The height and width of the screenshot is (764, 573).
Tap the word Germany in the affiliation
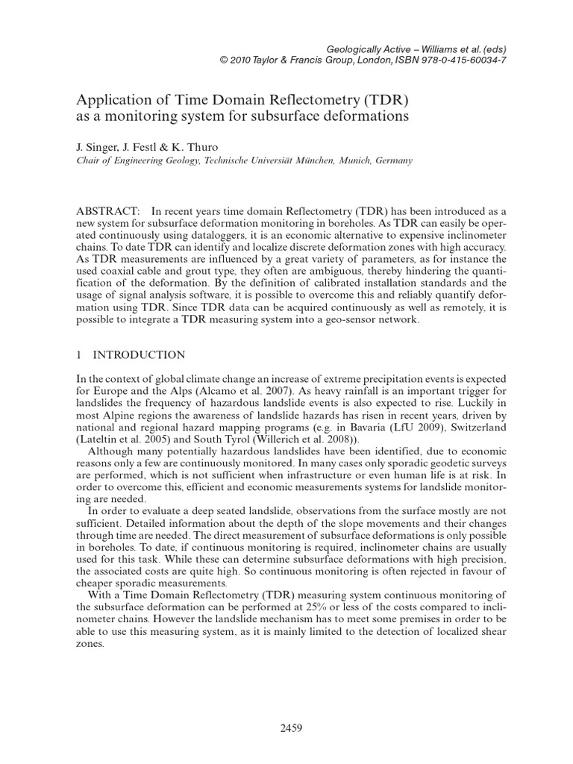point(386,160)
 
